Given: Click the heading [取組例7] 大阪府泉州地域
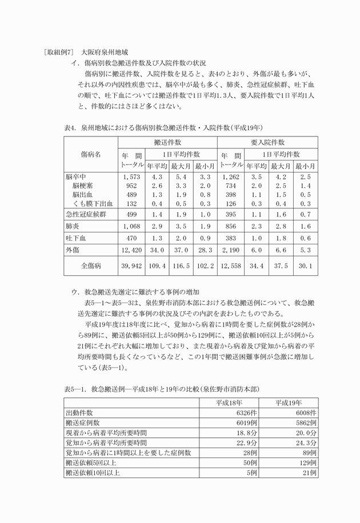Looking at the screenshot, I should [86, 51].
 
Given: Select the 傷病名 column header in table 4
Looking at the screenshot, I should [90, 154].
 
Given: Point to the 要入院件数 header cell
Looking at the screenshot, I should [267, 142].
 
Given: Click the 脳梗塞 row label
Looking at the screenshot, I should [83, 186].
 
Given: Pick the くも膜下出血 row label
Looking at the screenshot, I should [93, 203].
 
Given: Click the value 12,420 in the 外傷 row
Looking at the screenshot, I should [131, 249].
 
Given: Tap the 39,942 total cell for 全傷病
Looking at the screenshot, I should [131, 266].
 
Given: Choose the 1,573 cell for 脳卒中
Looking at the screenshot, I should [131, 178].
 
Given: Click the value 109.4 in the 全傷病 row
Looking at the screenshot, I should [157, 266].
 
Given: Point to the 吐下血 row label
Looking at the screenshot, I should [75, 238].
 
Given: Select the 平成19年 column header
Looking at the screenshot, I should [289, 403].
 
